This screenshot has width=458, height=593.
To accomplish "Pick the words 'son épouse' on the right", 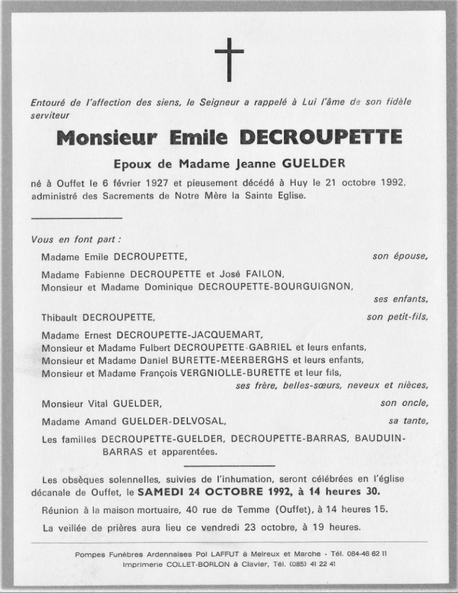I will click(400, 257).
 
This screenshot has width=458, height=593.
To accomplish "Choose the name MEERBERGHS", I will click(245, 360).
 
